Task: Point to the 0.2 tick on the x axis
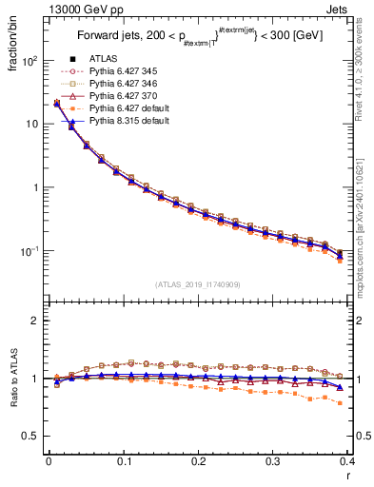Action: pyautogui.click(x=199, y=461)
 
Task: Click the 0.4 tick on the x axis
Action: pyautogui.click(x=348, y=461)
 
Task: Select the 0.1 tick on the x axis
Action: pyautogui.click(x=124, y=461)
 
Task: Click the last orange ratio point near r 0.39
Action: pyautogui.click(x=341, y=403)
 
